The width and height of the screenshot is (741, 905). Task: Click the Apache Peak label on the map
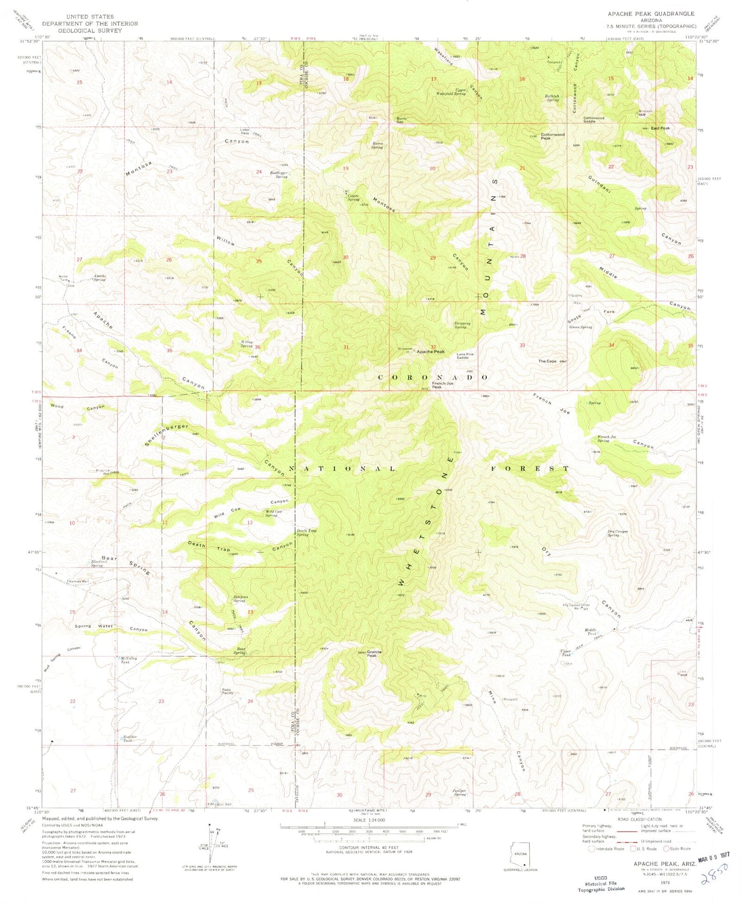coord(430,352)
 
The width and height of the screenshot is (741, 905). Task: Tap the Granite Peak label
coord(371,654)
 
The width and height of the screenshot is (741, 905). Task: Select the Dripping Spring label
coord(460,325)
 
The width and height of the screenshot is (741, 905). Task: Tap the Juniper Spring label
coord(459,791)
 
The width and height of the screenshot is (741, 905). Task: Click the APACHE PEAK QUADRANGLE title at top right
coord(651,13)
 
